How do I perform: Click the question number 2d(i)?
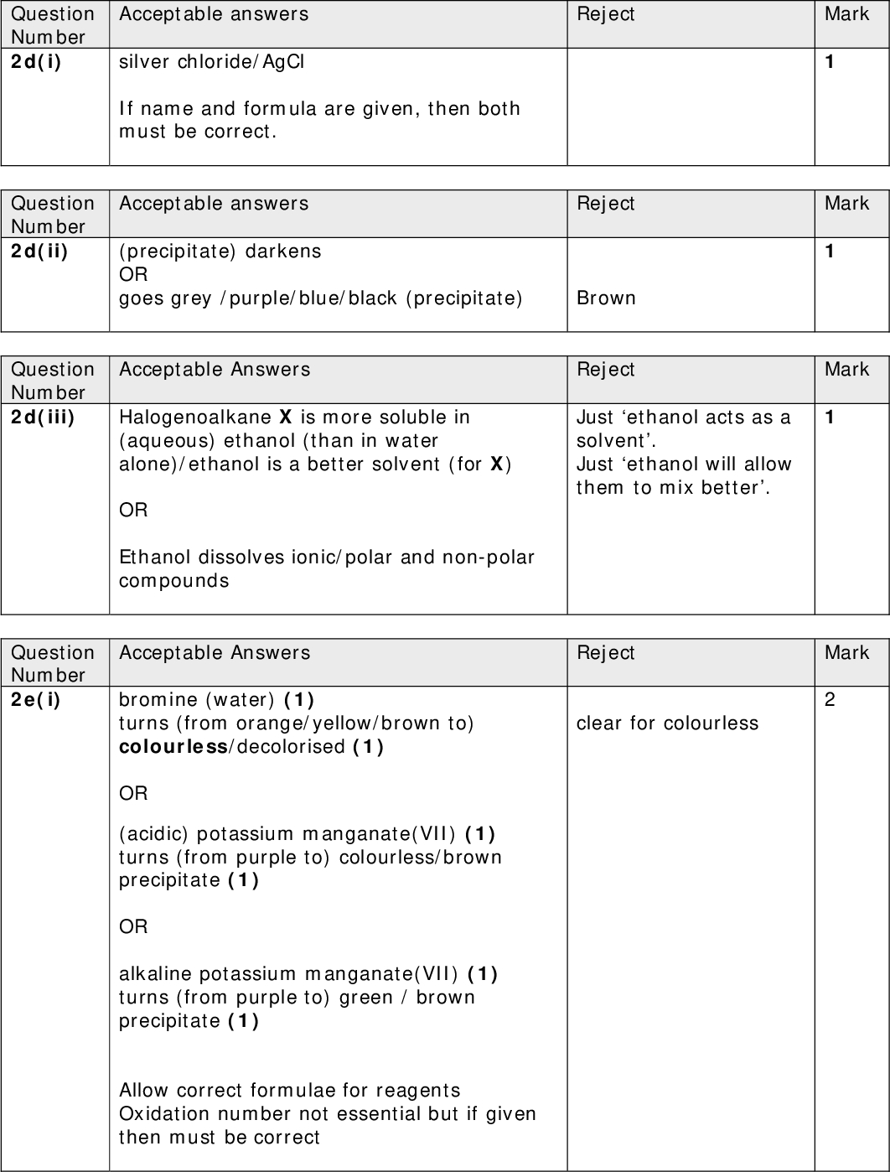coord(36,61)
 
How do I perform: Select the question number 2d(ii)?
coord(39,251)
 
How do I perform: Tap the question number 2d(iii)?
coord(42,417)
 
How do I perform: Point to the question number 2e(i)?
coord(36,699)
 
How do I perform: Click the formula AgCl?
coord(283,61)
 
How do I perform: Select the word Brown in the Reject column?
coord(606,298)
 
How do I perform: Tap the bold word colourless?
coord(173,746)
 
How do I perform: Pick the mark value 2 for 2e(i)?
coord(830,699)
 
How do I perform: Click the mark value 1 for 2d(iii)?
coord(830,417)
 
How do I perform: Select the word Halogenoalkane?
coord(195,417)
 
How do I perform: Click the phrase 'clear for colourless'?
coord(667,723)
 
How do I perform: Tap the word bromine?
coord(158,699)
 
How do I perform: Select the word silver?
coord(145,61)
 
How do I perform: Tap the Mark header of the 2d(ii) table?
coord(846,203)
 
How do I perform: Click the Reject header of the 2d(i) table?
coord(605,14)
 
